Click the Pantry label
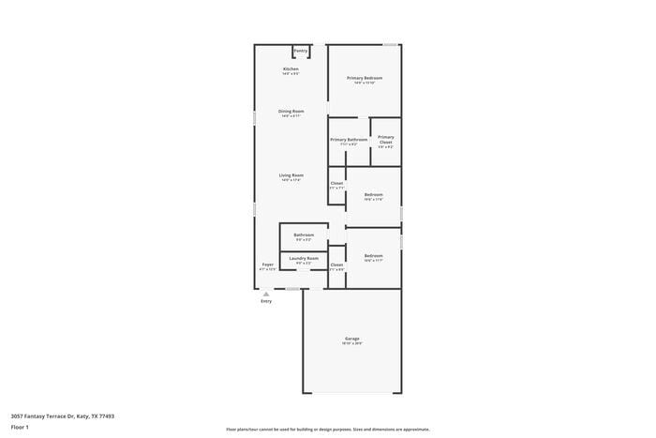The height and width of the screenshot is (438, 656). (x=300, y=51)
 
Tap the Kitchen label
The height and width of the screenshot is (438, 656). (x=291, y=69)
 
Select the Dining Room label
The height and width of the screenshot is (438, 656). (x=291, y=112)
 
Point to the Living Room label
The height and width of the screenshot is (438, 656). (x=291, y=175)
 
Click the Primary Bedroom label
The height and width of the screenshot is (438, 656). (x=365, y=78)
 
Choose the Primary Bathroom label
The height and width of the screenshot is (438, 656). (x=349, y=140)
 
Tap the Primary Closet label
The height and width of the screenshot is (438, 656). (x=386, y=140)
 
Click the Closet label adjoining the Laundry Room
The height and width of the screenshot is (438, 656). (x=336, y=265)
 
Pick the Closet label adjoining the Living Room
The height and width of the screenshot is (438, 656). (x=336, y=183)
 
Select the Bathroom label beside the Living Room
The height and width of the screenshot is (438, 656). (x=304, y=234)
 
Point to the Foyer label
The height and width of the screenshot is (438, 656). (x=268, y=264)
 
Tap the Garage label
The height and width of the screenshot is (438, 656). (x=351, y=339)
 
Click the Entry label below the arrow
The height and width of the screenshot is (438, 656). (x=266, y=301)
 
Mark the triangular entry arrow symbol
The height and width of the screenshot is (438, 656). (x=266, y=294)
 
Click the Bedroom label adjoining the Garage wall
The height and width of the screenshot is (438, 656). (x=373, y=256)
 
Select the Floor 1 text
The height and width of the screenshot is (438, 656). (x=20, y=428)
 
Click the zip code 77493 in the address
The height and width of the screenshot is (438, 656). (x=107, y=415)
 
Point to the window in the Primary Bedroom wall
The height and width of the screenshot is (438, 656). (x=389, y=44)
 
